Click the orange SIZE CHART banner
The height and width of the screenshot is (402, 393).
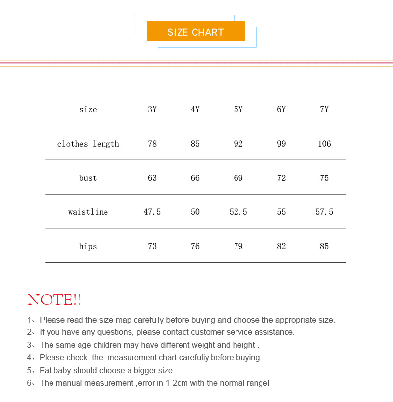click(x=195, y=32)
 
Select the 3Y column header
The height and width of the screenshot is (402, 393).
click(x=152, y=109)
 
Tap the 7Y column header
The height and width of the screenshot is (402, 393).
click(x=324, y=109)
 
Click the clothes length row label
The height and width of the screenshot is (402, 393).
click(x=88, y=144)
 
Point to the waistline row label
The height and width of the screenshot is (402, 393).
click(x=88, y=212)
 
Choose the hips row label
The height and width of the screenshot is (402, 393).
click(x=88, y=246)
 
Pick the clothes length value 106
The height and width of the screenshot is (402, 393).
click(x=324, y=144)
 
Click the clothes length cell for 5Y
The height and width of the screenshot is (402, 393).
click(x=238, y=144)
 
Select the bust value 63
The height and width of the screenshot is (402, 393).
click(x=152, y=178)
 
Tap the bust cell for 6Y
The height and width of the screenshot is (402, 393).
click(x=281, y=178)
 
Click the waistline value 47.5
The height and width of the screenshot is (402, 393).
click(x=152, y=212)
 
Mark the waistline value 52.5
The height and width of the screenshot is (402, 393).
click(x=238, y=212)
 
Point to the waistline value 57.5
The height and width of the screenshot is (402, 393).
click(x=324, y=212)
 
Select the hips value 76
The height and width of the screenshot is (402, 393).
click(x=195, y=246)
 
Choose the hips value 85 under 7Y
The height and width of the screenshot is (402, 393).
click(x=324, y=246)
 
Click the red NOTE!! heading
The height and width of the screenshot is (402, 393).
click(x=54, y=300)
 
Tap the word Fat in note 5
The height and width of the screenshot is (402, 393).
click(x=46, y=370)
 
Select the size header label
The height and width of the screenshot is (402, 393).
click(x=88, y=109)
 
